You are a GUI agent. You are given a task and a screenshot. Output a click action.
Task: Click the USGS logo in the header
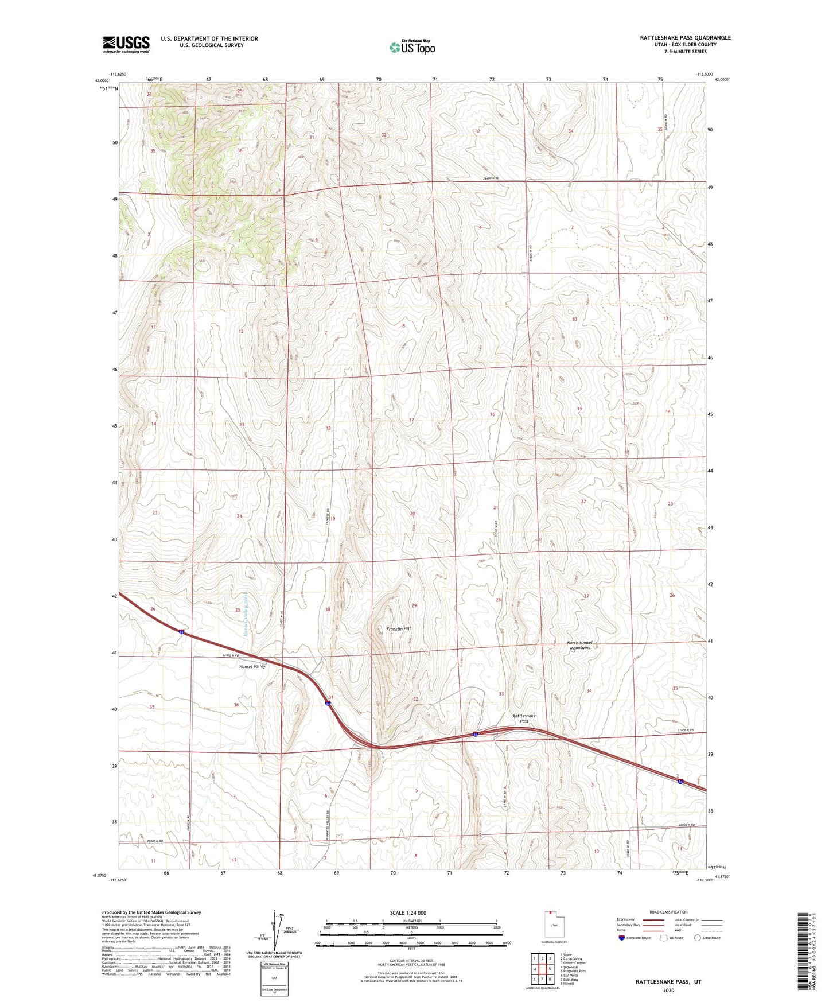tap(126, 44)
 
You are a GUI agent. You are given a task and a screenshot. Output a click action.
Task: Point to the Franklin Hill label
tap(398, 629)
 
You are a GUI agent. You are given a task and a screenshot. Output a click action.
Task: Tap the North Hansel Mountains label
tap(579, 645)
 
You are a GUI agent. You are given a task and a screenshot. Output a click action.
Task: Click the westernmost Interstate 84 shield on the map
tap(182, 631)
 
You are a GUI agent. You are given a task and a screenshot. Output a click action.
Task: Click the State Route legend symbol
tap(698, 938)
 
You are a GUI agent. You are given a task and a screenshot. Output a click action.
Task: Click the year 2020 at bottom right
tap(668, 990)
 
